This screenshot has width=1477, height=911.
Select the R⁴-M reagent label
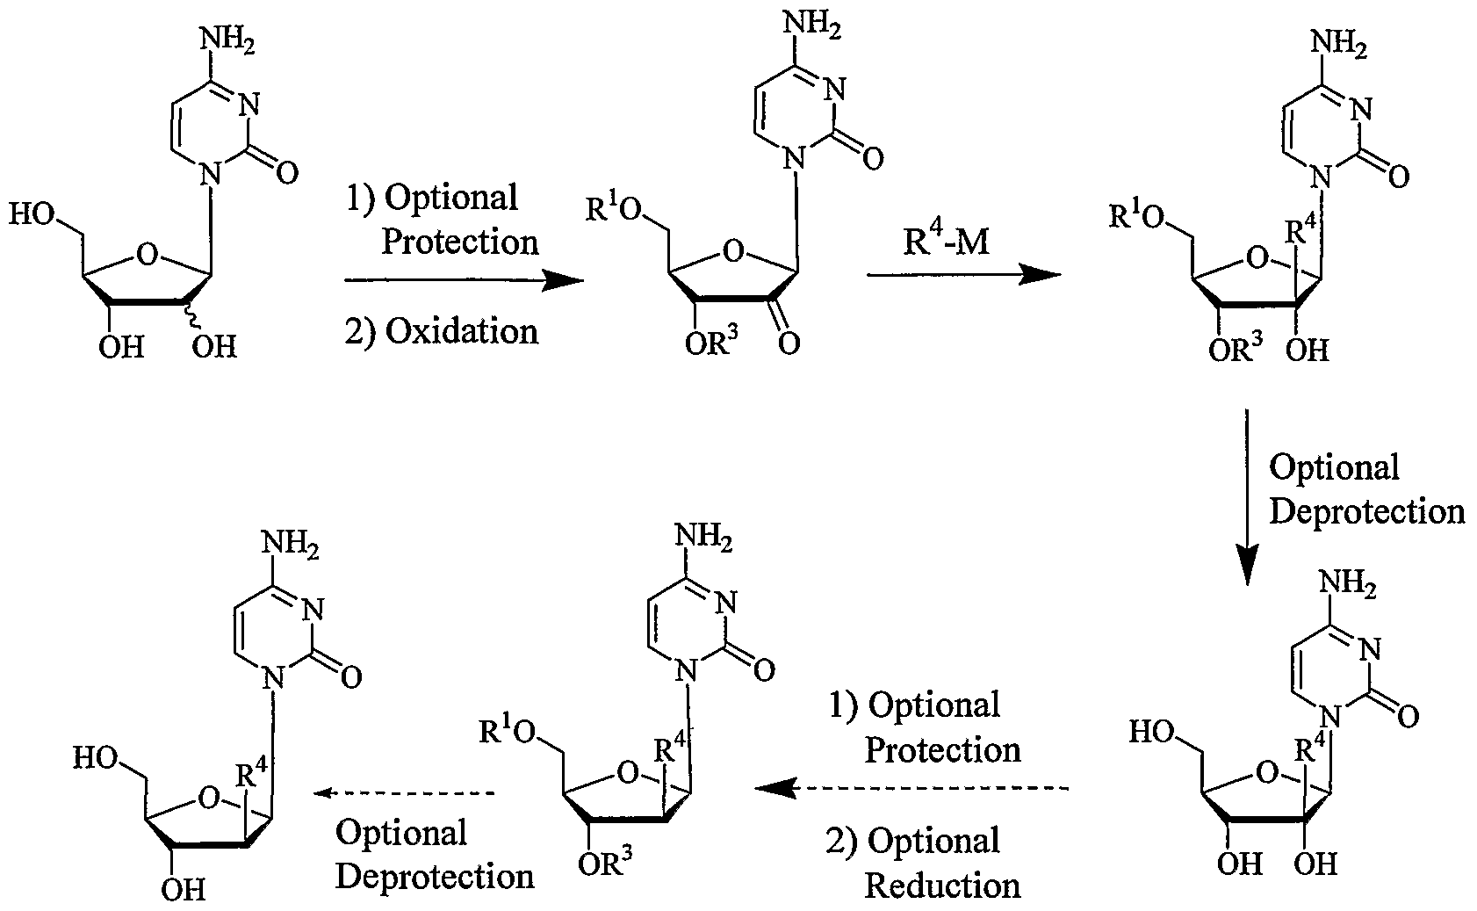tap(947, 241)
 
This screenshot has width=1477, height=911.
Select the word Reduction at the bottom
tap(942, 885)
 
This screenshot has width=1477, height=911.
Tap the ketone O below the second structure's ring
tap(789, 343)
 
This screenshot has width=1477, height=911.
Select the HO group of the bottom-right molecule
tap(1151, 731)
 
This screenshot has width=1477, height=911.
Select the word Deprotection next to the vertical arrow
tap(1366, 512)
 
